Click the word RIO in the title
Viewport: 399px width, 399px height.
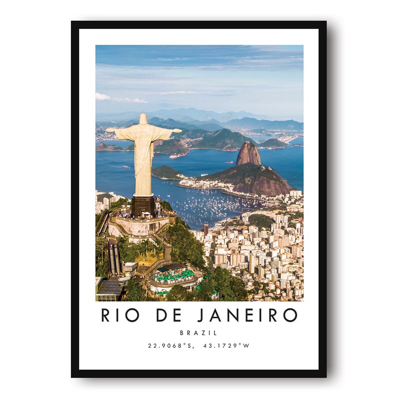(x=120, y=315)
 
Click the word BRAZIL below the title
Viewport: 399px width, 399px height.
(x=199, y=333)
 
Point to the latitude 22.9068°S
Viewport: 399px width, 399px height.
(x=170, y=345)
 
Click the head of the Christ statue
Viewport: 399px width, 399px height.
(x=143, y=119)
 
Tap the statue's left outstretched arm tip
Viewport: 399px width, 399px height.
(x=108, y=130)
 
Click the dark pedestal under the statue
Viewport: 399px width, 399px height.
(x=143, y=204)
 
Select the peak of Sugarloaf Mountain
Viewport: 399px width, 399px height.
(x=248, y=144)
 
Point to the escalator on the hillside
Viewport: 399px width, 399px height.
(x=114, y=257)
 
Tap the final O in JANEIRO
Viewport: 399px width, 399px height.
(x=290, y=315)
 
